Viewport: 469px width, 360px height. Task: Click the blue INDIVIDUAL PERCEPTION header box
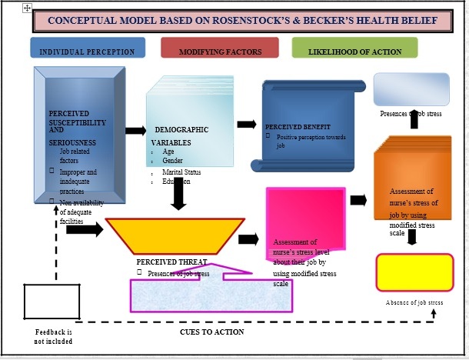coord(87,52)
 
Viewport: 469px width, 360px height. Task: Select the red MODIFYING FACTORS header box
coord(220,52)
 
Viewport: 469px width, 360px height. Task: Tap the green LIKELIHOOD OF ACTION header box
coord(354,52)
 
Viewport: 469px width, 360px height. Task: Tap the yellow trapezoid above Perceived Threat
coord(169,236)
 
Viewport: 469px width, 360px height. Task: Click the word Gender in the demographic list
coord(173,161)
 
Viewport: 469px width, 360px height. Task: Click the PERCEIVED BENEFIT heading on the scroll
coord(298,126)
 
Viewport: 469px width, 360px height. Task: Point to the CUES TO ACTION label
coord(211,332)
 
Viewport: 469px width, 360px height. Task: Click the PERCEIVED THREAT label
coord(171,262)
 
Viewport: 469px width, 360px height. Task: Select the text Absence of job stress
coord(414,303)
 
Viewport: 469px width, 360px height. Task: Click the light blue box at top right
coord(411,89)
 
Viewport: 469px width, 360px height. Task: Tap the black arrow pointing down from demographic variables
coord(178,196)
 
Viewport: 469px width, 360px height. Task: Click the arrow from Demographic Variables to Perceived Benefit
coord(247,124)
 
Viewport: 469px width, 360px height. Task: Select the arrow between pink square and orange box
coord(358,201)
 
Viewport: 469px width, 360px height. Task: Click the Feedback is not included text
coord(53,336)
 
